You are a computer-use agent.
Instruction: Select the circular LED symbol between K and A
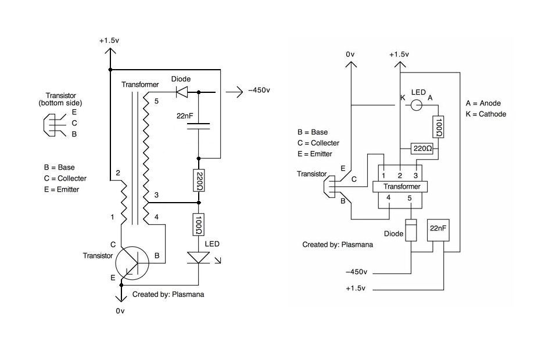(x=416, y=105)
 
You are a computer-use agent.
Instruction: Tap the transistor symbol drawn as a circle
(x=132, y=263)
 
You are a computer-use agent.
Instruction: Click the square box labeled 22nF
(x=438, y=229)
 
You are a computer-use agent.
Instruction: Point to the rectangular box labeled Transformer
(x=400, y=186)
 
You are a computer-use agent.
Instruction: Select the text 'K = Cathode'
(x=486, y=114)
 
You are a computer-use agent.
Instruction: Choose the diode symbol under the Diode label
(x=181, y=91)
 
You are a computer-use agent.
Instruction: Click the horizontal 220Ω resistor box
(x=422, y=149)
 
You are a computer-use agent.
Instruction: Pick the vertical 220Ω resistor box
(x=199, y=181)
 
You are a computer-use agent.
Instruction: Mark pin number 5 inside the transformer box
(x=410, y=198)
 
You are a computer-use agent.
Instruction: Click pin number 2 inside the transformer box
(x=400, y=175)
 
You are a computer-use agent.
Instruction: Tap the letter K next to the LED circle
(x=402, y=97)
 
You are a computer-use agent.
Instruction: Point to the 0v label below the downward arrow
(x=120, y=311)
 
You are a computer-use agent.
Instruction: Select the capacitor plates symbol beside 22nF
(x=199, y=126)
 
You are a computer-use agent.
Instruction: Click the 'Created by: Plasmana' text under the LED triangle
(x=168, y=294)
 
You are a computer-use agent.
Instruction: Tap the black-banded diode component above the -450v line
(x=411, y=231)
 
